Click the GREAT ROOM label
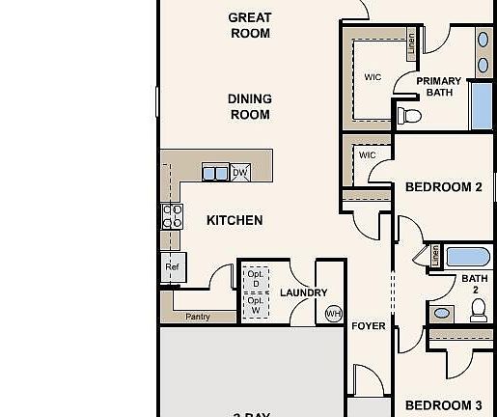coord(249,25)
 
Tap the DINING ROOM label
coord(249,106)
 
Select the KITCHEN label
coord(235,220)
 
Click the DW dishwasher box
coord(239,173)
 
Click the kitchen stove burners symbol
coord(172,215)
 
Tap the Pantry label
coord(198,317)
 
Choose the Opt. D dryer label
coord(255,279)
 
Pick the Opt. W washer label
coord(255,305)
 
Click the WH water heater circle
coord(333,314)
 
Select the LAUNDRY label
coord(303,292)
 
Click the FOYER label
coord(368,326)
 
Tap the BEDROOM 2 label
coord(443,187)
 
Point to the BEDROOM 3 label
coord(443,405)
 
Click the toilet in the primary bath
coord(412,116)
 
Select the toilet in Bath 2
coord(479,310)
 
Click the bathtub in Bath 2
coord(468,258)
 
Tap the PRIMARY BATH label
coord(439,87)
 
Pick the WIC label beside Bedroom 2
coord(367,154)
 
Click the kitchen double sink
coord(215,173)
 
